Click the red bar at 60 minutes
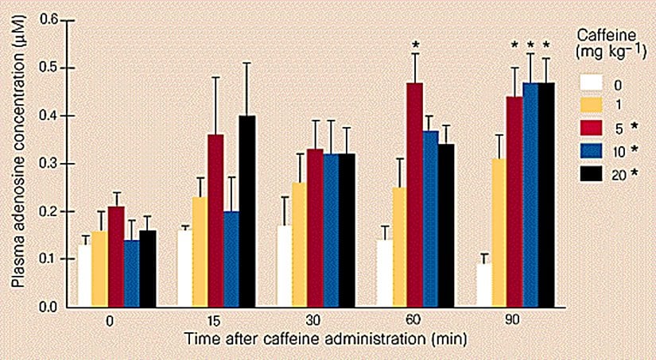click(x=414, y=195)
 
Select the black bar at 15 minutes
click(x=248, y=211)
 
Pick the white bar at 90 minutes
click(x=483, y=285)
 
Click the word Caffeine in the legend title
click(x=602, y=36)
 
